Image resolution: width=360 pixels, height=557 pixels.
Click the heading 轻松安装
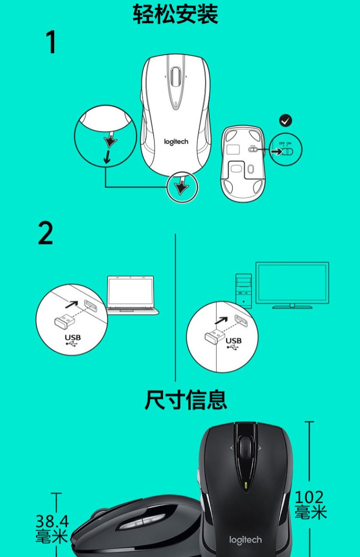click(x=176, y=14)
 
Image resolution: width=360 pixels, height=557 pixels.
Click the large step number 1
click(x=51, y=42)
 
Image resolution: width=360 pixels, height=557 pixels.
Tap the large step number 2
click(x=46, y=233)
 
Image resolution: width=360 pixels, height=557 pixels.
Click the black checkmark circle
click(x=286, y=120)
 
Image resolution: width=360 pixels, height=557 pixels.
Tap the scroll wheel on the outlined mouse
click(x=176, y=76)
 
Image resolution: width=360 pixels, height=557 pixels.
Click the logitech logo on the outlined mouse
click(x=176, y=142)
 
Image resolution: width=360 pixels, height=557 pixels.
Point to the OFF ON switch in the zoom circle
click(x=286, y=151)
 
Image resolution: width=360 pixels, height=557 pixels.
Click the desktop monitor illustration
click(x=292, y=285)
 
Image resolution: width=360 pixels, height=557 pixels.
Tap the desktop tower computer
click(x=244, y=290)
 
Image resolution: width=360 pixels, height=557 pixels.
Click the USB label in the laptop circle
click(x=72, y=337)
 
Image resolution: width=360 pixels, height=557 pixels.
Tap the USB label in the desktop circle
click(x=233, y=341)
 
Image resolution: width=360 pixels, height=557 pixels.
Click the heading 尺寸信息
click(x=185, y=400)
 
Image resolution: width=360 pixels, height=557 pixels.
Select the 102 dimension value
click(x=309, y=497)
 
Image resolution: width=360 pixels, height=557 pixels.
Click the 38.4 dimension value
click(x=52, y=521)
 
